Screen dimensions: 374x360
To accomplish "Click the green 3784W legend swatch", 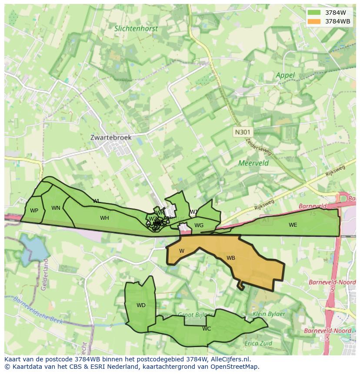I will coord(313,13).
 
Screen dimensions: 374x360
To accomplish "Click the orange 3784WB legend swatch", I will coord(313,21).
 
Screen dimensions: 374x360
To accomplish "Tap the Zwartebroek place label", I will coord(111,137).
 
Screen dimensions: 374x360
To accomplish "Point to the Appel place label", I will coord(285,75).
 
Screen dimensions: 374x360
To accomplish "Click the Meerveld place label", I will coord(253,163).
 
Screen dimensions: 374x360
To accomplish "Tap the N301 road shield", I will coord(243,132).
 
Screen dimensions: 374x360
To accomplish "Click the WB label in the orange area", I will coord(231,258).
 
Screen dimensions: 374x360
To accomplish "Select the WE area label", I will coord(293,225).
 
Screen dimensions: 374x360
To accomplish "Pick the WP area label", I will coord(34,211).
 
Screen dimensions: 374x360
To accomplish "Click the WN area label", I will coord(56,208).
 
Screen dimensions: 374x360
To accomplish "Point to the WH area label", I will coord(104,218).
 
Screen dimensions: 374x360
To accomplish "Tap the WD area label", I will coord(141,305).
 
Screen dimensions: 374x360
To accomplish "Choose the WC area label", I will coord(207,329).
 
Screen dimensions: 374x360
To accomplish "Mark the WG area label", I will coord(199,225).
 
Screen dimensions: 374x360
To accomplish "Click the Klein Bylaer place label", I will coord(269,314).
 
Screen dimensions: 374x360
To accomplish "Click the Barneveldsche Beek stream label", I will coord(38,311).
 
